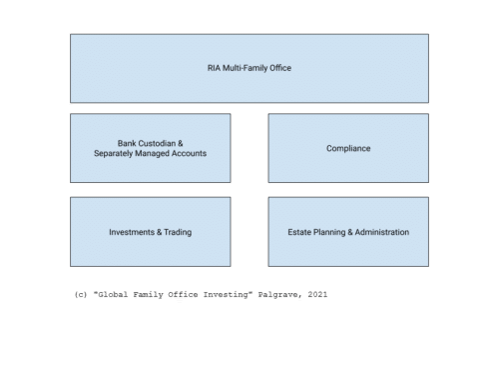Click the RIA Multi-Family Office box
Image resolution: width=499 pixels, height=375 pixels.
point(249,68)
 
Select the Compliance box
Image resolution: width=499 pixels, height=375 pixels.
point(348,148)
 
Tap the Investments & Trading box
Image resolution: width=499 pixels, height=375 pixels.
point(150,232)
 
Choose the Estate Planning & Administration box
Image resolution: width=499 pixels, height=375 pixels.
point(348,232)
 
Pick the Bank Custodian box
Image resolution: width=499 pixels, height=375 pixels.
point(150,148)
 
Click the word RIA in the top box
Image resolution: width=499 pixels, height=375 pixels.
point(209,68)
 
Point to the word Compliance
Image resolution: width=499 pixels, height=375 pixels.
point(348,148)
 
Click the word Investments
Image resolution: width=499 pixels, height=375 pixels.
point(131,232)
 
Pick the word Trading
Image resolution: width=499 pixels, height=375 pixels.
point(177,232)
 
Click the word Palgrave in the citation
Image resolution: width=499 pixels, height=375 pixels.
point(280,295)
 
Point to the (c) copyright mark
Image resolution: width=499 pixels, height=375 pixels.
point(80,295)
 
